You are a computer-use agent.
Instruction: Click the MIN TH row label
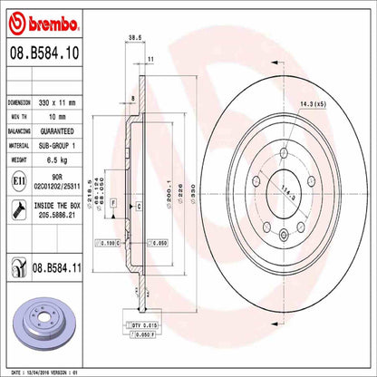tap(21, 117)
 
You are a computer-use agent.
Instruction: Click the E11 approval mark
tap(17, 180)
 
